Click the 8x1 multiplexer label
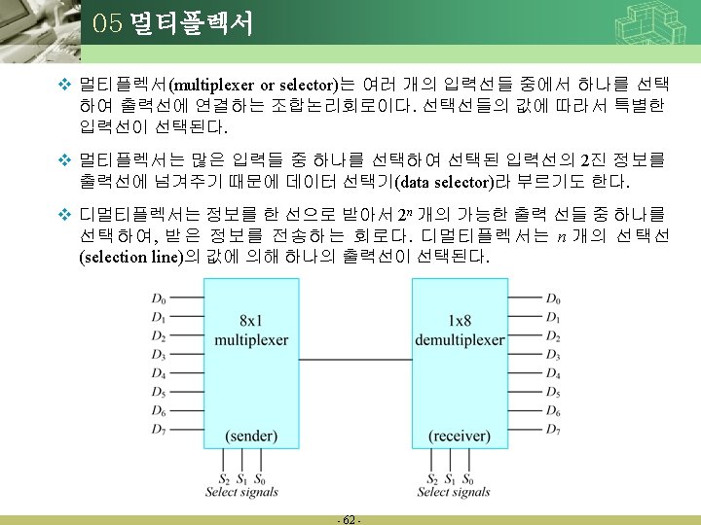[251, 331]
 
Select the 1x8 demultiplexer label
[460, 331]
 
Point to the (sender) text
[251, 436]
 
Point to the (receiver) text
[460, 436]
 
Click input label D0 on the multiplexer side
[159, 299]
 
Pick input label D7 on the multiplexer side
[159, 429]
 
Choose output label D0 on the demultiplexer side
[553, 299]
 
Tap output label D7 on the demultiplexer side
[553, 429]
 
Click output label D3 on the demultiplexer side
[553, 355]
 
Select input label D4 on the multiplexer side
[159, 373]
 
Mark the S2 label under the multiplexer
[225, 479]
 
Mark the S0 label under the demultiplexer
[468, 479]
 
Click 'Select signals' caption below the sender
[241, 493]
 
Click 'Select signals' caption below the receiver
[454, 493]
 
